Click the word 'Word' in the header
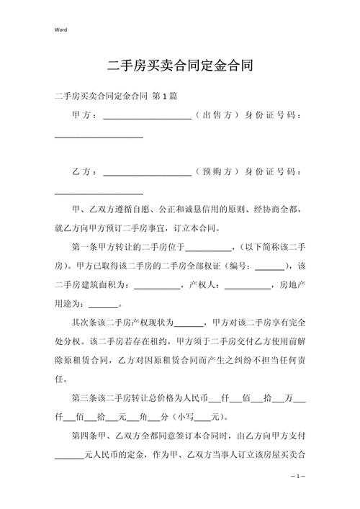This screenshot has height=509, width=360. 60,30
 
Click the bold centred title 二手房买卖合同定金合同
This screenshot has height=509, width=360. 179,66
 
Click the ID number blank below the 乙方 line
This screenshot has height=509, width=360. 99,193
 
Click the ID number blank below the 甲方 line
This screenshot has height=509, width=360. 99,135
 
